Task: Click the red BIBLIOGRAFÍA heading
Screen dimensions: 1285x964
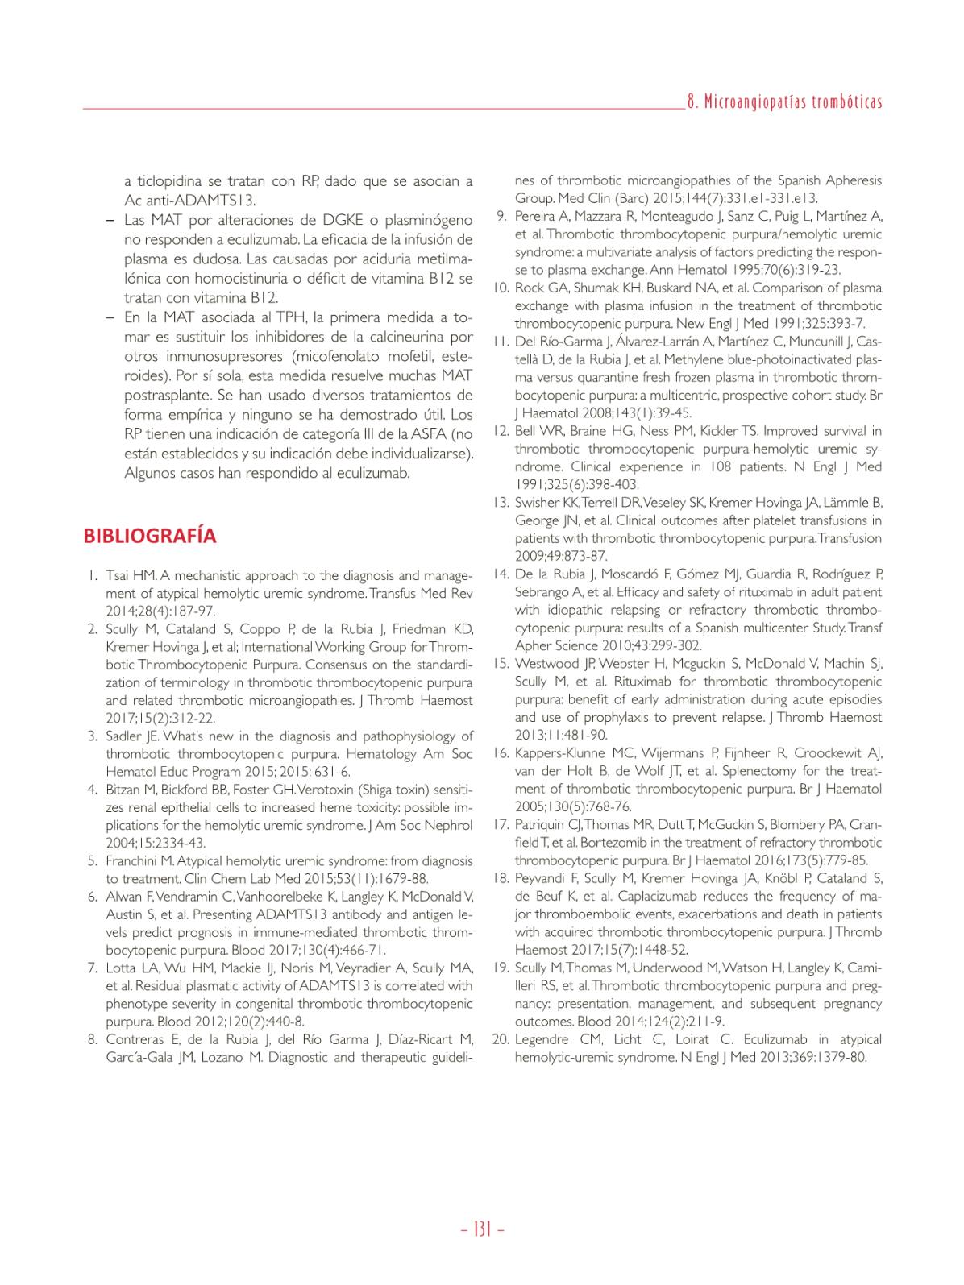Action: click(x=149, y=537)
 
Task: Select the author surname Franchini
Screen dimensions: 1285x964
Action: click(x=133, y=861)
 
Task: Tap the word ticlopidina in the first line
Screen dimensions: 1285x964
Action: click(x=170, y=181)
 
